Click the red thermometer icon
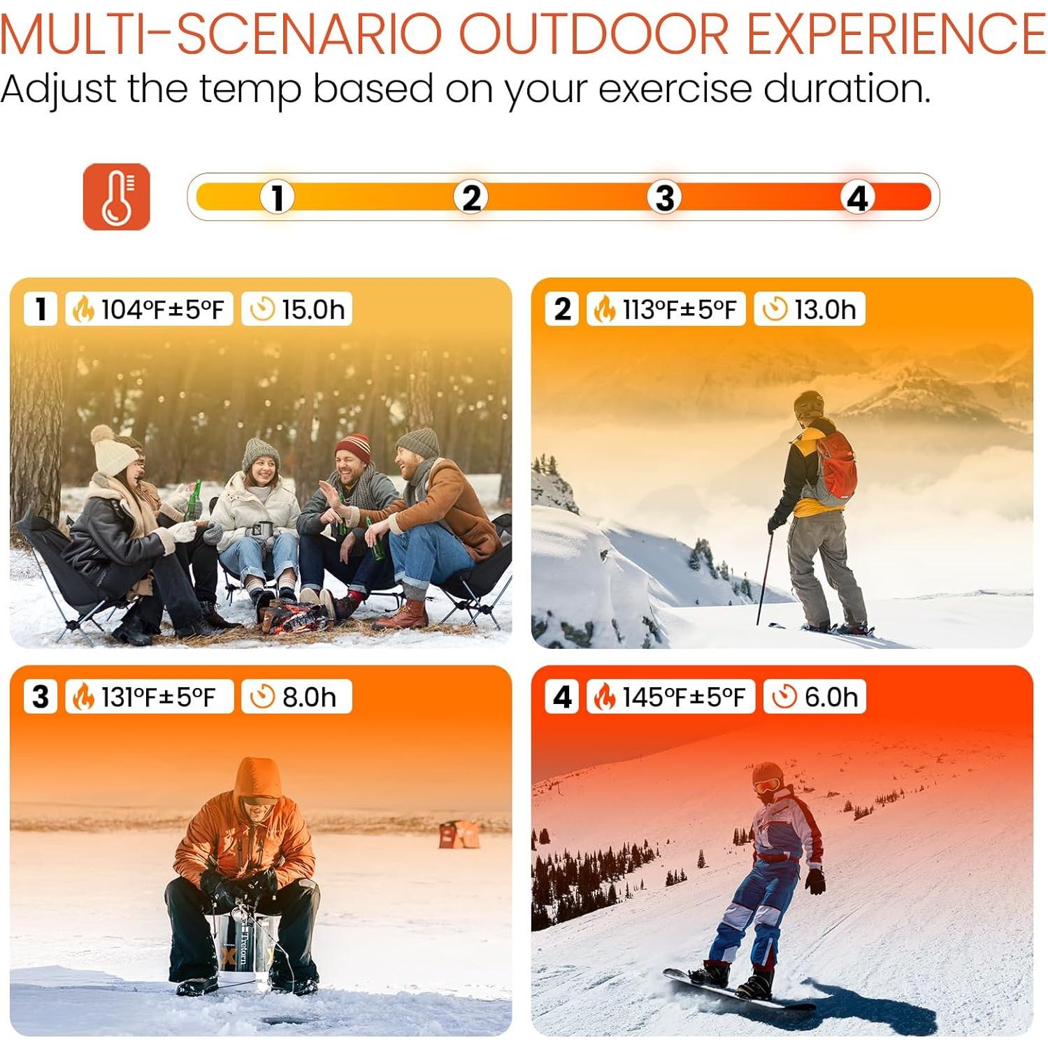tap(116, 196)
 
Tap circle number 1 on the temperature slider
tap(278, 197)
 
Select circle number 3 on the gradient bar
tap(664, 197)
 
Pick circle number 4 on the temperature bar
tap(857, 197)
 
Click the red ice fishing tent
tap(459, 834)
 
